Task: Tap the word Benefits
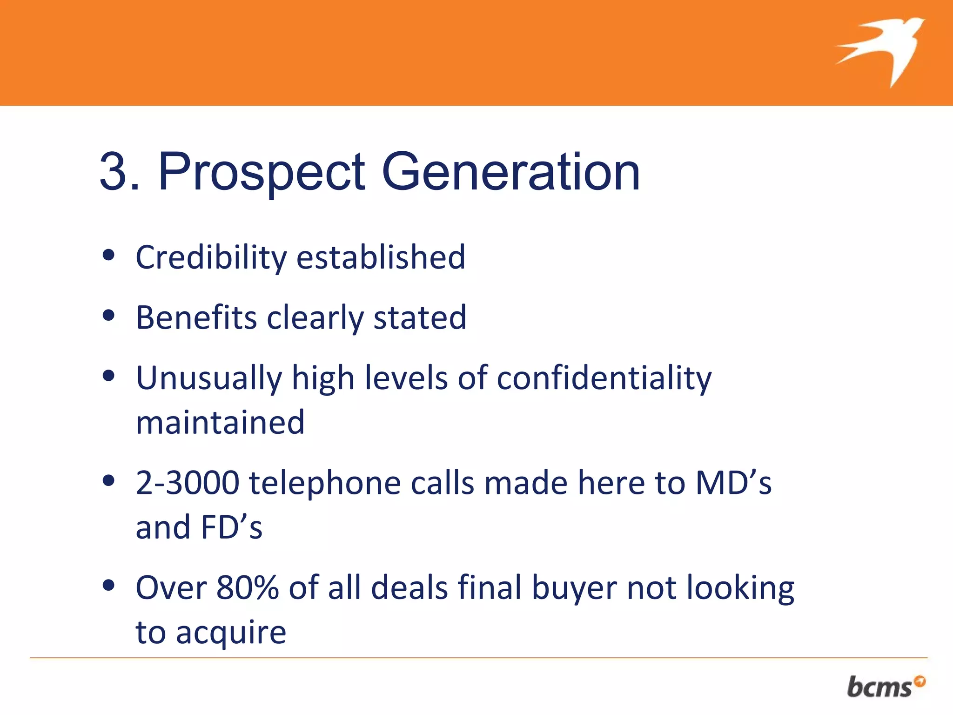pos(196,317)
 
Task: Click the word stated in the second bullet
pos(420,317)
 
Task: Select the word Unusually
pos(209,378)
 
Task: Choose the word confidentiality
pos(604,378)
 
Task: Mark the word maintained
pos(220,423)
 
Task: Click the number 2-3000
pos(187,483)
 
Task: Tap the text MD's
pos(733,483)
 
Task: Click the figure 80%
pos(248,587)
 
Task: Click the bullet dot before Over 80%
pos(108,586)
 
